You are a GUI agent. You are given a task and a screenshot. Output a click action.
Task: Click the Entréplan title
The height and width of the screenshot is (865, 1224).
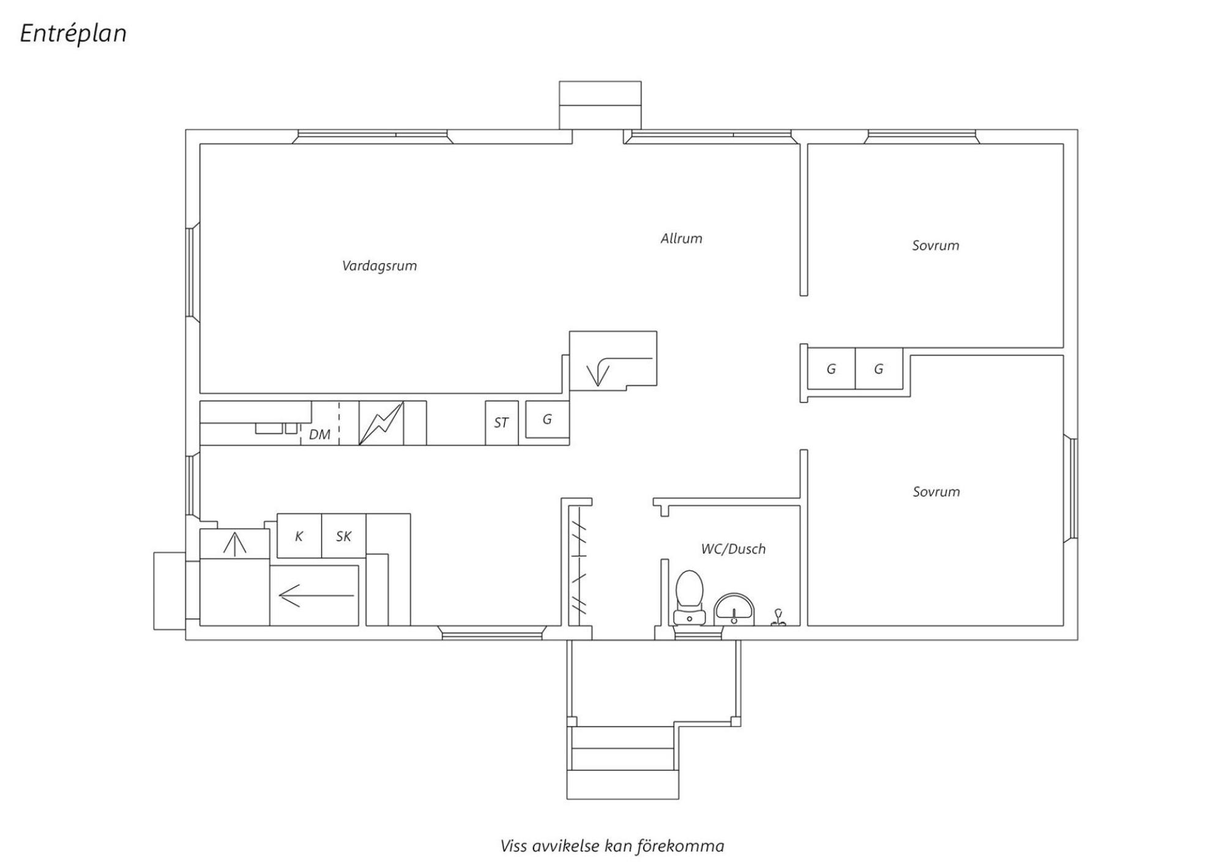[73, 34]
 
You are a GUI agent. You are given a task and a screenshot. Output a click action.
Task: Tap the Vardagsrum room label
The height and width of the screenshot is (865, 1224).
[379, 266]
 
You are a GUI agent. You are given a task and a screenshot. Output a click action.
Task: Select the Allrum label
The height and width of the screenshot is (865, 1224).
[681, 238]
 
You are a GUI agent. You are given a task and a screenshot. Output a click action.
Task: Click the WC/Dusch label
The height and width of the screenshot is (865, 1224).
[733, 549]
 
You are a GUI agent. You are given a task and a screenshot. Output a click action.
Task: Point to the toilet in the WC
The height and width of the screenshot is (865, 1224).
[690, 597]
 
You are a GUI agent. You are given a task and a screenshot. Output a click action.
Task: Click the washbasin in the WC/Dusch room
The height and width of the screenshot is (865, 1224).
[734, 609]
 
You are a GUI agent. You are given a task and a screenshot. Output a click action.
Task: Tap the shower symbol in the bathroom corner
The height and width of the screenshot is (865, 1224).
[778, 617]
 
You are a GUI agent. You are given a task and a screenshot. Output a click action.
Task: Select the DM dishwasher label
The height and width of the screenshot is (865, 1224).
[319, 435]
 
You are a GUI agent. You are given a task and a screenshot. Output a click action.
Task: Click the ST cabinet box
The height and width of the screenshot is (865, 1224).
[502, 423]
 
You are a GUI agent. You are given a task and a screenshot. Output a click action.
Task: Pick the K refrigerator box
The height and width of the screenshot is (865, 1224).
[299, 536]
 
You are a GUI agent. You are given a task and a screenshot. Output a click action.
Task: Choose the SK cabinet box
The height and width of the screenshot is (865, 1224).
[344, 536]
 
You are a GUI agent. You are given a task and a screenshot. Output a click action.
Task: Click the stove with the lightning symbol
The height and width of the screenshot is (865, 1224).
[381, 423]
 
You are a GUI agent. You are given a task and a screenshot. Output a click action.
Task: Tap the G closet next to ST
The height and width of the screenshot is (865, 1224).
[547, 419]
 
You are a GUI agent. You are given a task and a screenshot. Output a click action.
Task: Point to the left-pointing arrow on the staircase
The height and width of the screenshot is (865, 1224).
[316, 595]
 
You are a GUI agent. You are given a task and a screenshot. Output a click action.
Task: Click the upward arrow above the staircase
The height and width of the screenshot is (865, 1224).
[234, 544]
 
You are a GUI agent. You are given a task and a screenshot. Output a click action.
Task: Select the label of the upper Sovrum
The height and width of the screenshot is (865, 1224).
[935, 245]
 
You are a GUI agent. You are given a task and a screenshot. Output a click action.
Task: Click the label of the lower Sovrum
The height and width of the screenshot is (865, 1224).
[936, 492]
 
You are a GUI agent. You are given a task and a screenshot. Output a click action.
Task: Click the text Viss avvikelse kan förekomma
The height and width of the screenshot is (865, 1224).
[612, 846]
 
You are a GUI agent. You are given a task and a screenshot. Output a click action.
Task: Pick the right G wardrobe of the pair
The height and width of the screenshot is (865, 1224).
[879, 369]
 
